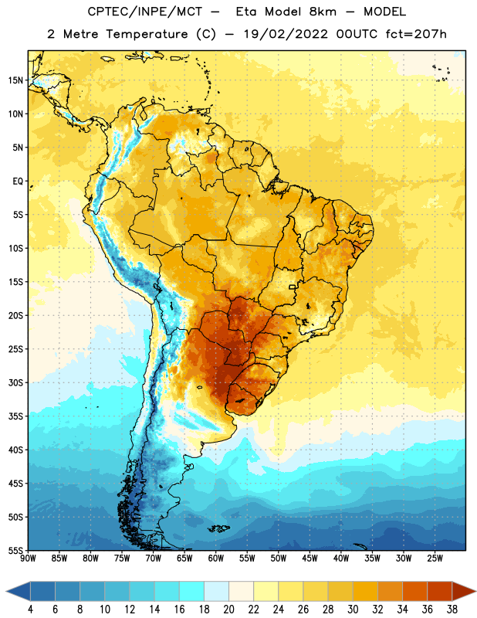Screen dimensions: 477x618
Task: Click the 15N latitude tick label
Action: coord(15,80)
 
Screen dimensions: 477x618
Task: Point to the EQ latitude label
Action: coord(18,182)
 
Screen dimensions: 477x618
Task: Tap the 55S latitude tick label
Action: coord(15,551)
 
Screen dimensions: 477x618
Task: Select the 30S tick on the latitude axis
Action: coord(15,382)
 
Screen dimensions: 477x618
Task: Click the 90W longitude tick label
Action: coord(29,559)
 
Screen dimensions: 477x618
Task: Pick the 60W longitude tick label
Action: coord(216,559)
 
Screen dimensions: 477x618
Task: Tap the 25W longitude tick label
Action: coord(435,559)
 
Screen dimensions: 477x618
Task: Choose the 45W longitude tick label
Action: coord(310,559)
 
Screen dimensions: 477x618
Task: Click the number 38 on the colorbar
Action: coord(452,610)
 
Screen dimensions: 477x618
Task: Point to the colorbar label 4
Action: coord(30,610)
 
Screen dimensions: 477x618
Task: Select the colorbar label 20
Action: coord(228,610)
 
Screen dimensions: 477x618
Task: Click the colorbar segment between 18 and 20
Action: coord(216,591)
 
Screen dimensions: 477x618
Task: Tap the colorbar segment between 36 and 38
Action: coord(440,591)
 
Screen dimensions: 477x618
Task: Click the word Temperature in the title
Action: coord(147,34)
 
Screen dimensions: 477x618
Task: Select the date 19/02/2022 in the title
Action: coord(286,34)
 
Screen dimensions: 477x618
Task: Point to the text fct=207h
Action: coord(416,34)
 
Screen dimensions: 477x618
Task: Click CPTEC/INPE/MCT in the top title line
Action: coord(145,12)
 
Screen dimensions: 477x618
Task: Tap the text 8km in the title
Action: coord(323,12)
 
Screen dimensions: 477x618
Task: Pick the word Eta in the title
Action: coord(246,12)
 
